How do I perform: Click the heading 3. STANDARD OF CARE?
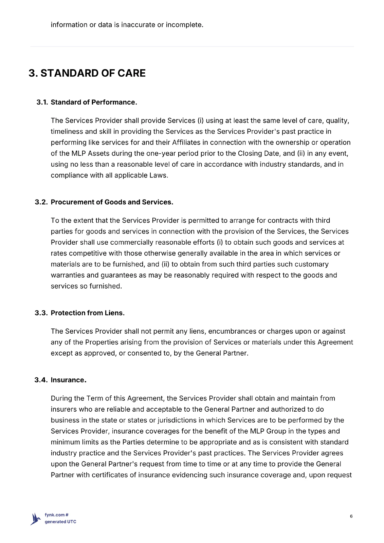pyautogui.click(x=87, y=73)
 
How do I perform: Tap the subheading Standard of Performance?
pyautogui.click(x=94, y=102)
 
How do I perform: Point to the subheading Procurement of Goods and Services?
pyautogui.click(x=112, y=202)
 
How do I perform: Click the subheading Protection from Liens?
pyautogui.click(x=88, y=313)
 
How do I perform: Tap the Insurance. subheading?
pyautogui.click(x=69, y=380)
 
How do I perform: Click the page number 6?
pyautogui.click(x=351, y=516)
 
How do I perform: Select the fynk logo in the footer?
pyautogui.click(x=36, y=519)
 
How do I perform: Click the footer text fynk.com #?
pyautogui.click(x=57, y=515)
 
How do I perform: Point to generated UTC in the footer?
pyautogui.click(x=60, y=522)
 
